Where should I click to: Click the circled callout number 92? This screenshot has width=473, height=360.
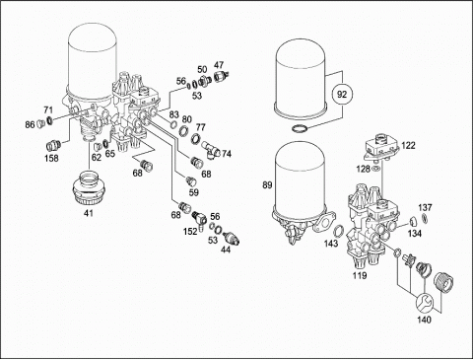(342, 95)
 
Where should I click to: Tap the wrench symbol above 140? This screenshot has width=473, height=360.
(424, 303)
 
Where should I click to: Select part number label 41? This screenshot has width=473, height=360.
(89, 213)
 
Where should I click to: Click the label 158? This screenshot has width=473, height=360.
(51, 158)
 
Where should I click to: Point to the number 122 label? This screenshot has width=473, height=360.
(408, 145)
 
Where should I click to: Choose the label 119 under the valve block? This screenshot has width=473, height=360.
(360, 275)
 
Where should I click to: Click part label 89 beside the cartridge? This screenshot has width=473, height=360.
(267, 185)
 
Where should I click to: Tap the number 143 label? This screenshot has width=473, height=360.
(331, 244)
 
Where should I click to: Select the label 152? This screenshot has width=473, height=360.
(190, 232)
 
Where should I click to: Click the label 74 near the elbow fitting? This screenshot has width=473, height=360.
(227, 154)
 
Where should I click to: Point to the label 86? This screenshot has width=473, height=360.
(30, 124)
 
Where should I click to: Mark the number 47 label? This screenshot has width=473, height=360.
(219, 65)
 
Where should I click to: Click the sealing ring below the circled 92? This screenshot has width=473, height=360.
(300, 129)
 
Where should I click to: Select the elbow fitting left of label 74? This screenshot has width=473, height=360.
(210, 149)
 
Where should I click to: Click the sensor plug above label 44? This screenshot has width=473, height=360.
(232, 239)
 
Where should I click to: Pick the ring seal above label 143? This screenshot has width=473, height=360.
(338, 232)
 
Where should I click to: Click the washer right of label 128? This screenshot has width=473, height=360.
(376, 170)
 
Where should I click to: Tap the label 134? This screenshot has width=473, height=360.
(415, 234)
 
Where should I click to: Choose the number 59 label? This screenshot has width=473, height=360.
(194, 192)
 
